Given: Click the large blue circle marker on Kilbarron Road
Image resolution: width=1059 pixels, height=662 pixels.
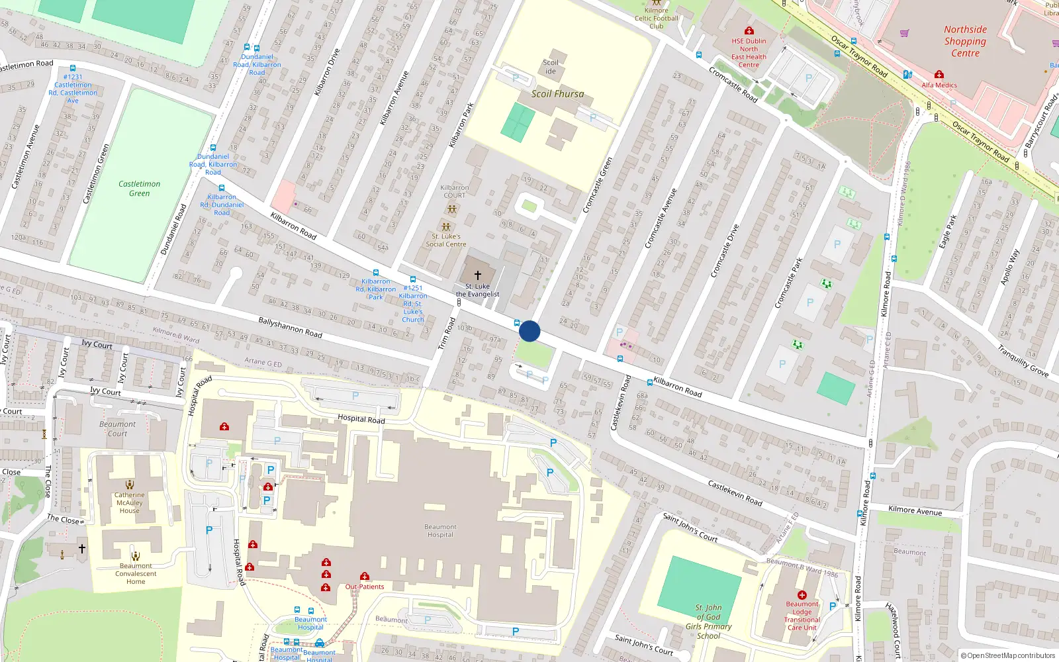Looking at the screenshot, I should [x=529, y=331].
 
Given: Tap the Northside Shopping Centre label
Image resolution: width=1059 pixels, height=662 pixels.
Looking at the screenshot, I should [x=965, y=41].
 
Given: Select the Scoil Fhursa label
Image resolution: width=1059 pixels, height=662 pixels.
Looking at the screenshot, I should [x=557, y=94].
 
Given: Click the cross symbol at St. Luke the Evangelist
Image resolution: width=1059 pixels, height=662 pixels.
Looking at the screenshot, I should [x=478, y=275].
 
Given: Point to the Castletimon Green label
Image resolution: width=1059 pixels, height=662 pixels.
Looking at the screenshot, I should [x=139, y=189].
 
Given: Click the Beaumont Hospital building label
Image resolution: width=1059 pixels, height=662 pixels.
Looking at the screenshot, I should [x=440, y=531].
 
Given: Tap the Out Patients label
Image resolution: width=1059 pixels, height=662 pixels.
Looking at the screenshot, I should [x=365, y=587].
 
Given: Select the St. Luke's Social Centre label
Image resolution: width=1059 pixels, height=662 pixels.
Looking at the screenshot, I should [x=446, y=240].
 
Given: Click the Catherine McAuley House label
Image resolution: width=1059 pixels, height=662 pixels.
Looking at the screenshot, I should [x=129, y=502].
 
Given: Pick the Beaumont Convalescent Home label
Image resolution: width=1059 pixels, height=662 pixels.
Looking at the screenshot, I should [x=136, y=574].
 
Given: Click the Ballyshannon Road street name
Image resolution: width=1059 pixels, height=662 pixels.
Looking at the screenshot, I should [x=290, y=327].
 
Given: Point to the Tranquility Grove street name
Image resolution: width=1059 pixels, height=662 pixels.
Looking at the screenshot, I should [x=1023, y=361].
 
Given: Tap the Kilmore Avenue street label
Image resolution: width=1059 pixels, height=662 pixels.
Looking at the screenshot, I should [x=915, y=510].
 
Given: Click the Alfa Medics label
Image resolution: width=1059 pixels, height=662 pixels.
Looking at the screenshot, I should [x=939, y=85].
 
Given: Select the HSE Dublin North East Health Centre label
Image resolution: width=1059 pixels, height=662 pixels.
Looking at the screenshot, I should [x=749, y=53].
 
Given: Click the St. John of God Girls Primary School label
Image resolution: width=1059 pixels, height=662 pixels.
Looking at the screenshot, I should [x=708, y=622].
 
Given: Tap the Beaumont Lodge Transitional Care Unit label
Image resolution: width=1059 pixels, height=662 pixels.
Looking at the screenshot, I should [x=802, y=616].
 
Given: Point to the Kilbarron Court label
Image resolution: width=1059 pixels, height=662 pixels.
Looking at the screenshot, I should [x=454, y=191].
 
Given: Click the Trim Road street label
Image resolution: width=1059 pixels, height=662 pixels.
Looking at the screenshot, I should [x=447, y=334].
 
